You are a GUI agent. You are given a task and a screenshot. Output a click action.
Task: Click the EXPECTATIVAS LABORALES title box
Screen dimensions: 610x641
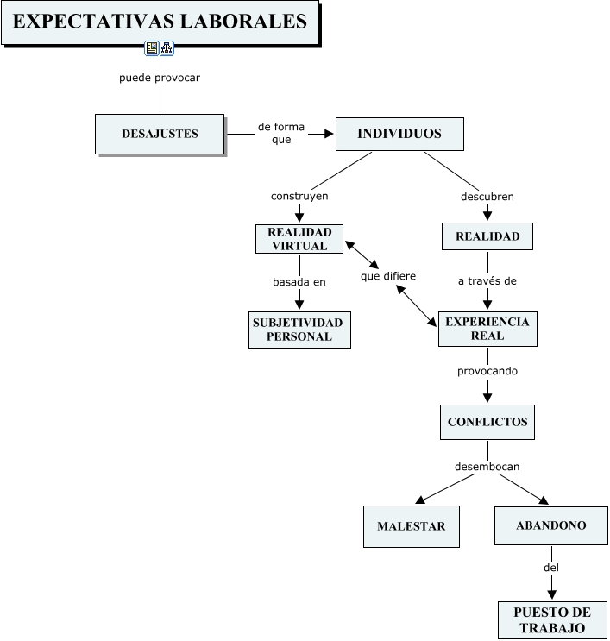(160, 22)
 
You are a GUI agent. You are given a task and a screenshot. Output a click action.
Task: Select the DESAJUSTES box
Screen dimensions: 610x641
(160, 134)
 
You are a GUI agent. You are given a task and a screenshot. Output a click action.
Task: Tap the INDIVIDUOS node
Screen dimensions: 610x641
(399, 134)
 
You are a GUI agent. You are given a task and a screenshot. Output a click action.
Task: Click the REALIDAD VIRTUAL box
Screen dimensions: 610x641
(299, 239)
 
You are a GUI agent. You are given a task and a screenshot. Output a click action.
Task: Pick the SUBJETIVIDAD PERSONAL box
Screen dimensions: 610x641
(299, 330)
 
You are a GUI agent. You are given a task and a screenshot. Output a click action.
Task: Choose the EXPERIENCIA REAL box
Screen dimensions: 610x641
(487, 329)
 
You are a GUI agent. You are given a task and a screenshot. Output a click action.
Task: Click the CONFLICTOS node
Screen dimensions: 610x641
(487, 422)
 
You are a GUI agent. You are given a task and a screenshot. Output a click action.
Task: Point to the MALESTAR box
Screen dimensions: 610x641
(412, 526)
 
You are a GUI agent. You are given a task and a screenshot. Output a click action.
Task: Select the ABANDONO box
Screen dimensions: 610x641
(551, 525)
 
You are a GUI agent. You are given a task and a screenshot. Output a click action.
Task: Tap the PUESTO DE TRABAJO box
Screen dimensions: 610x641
(552, 620)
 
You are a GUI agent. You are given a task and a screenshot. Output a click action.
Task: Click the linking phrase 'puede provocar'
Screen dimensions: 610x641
(160, 78)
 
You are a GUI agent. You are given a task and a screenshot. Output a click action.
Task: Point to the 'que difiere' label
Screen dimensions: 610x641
(388, 276)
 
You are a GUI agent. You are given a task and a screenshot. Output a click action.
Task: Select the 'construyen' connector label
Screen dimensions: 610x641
(299, 196)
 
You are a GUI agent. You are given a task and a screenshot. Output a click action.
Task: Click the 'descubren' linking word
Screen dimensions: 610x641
(487, 197)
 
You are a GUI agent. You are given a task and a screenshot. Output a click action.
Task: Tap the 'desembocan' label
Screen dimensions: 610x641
(487, 467)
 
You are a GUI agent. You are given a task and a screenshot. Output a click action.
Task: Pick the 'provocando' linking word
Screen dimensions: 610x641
(487, 371)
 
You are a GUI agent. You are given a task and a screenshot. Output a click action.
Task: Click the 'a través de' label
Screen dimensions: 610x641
(487, 281)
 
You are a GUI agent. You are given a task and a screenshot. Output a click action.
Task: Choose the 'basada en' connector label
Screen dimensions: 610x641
(299, 282)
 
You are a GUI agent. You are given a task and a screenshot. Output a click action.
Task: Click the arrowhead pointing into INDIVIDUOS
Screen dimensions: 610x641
(329, 134)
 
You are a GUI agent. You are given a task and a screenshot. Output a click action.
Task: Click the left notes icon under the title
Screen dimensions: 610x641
(152, 48)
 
